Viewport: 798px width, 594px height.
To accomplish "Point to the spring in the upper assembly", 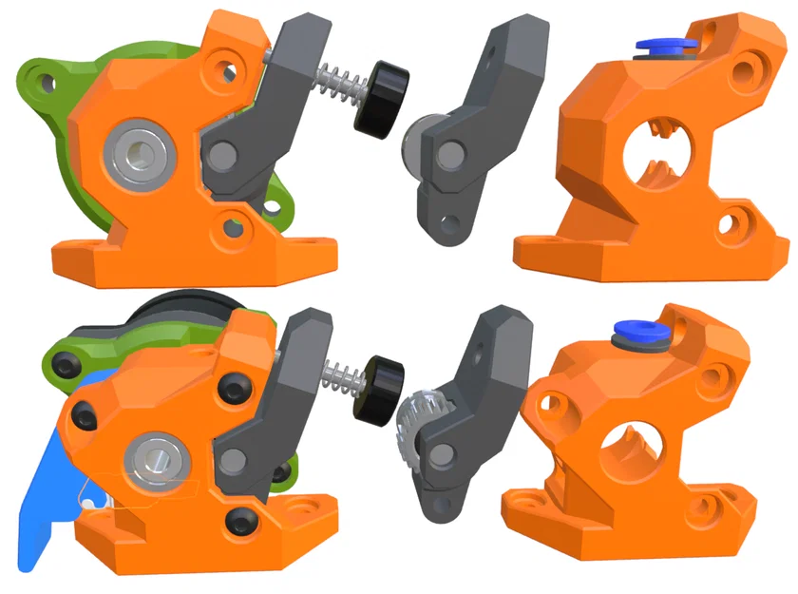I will click(x=336, y=84).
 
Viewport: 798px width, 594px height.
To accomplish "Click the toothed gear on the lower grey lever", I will click(x=414, y=428).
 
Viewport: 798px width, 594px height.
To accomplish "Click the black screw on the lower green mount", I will click(x=66, y=363).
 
